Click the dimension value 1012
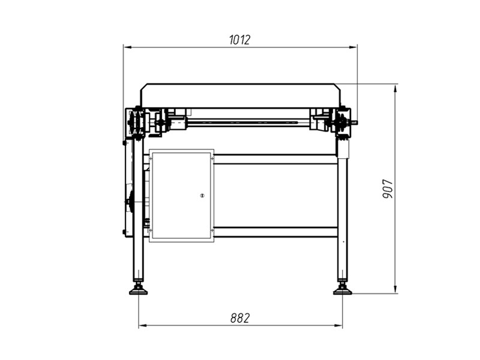tap(239, 40)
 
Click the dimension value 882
tap(240, 318)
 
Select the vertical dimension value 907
tap(388, 189)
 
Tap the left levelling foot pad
tap(139, 292)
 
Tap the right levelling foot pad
tap(342, 292)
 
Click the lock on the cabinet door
tap(202, 196)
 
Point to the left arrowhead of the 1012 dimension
tap(127, 47)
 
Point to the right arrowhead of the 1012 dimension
tap(353, 47)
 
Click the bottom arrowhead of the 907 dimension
tap(395, 289)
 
